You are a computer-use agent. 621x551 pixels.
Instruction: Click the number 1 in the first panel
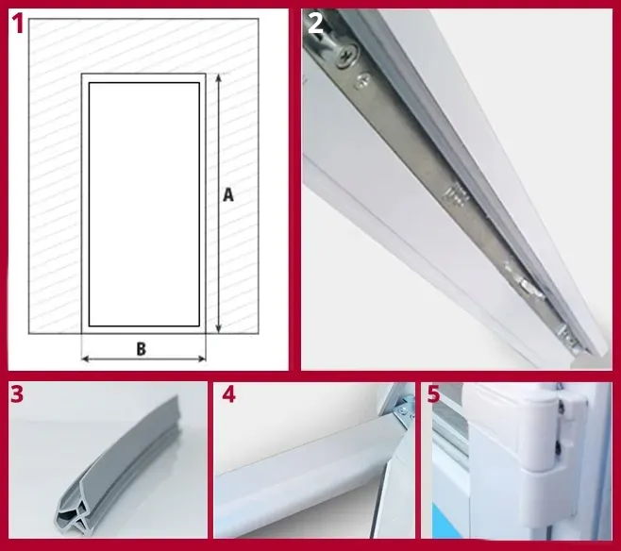tap(16, 23)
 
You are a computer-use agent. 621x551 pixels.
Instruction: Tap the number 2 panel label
tap(315, 24)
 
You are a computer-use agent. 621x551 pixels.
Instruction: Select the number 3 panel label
tap(16, 393)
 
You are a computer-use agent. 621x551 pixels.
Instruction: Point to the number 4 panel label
tap(228, 394)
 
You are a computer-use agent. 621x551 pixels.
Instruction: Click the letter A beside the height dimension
tap(227, 195)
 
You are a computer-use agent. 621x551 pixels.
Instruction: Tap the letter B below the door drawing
tap(141, 348)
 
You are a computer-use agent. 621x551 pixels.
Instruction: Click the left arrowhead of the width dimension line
tap(86, 359)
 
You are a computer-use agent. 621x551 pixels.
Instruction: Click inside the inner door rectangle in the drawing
tap(143, 203)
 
